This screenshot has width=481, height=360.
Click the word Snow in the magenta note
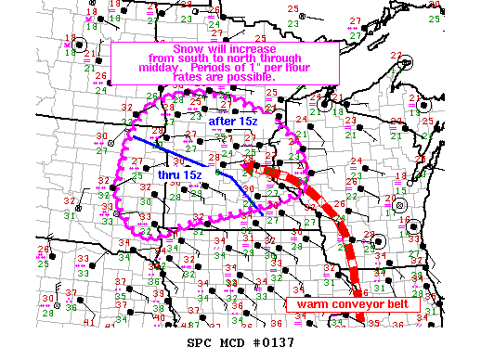click(x=187, y=45)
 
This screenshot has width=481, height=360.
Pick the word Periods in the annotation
click(x=199, y=67)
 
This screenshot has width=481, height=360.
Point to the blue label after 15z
click(x=228, y=120)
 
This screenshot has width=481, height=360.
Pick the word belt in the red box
click(x=399, y=303)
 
